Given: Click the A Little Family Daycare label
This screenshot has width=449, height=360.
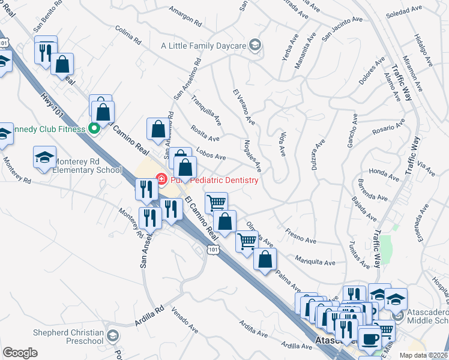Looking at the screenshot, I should [x=203, y=46].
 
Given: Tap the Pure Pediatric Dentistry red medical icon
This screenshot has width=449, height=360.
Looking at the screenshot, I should [x=161, y=179].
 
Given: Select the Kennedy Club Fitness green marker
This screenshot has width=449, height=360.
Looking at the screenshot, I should [x=94, y=127].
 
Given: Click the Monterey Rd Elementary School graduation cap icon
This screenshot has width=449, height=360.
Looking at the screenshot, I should [x=44, y=157].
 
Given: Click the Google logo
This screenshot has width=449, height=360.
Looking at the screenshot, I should [x=20, y=353].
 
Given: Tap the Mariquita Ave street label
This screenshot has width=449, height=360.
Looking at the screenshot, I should [x=315, y=262].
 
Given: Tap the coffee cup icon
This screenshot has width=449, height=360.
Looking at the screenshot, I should [x=369, y=338].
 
